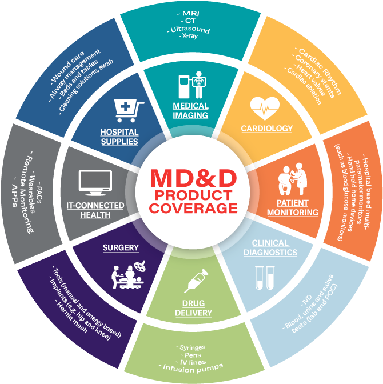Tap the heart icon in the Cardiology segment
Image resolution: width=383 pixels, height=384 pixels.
click(265, 108)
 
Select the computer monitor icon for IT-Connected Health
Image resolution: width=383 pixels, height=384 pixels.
click(95, 182)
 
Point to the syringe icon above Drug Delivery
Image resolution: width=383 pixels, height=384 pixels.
click(196, 281)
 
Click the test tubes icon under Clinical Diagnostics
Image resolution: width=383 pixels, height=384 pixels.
click(265, 278)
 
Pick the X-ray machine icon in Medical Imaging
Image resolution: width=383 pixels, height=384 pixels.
click(193, 85)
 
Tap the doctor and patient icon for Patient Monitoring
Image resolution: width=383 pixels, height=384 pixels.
click(292, 179)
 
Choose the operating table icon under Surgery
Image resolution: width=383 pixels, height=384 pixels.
click(128, 274)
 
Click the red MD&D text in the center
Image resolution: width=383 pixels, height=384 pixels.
click(193, 178)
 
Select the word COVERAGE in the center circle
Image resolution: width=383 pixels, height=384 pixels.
click(193, 209)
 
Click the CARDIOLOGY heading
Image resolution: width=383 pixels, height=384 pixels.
click(266, 129)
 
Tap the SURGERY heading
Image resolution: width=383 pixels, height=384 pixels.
click(121, 248)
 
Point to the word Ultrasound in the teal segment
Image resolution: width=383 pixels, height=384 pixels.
click(189, 30)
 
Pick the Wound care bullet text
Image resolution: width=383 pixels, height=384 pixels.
click(67, 67)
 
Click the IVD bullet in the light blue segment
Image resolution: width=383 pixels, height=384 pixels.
click(306, 301)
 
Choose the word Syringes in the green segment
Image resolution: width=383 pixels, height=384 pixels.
click(191, 347)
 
